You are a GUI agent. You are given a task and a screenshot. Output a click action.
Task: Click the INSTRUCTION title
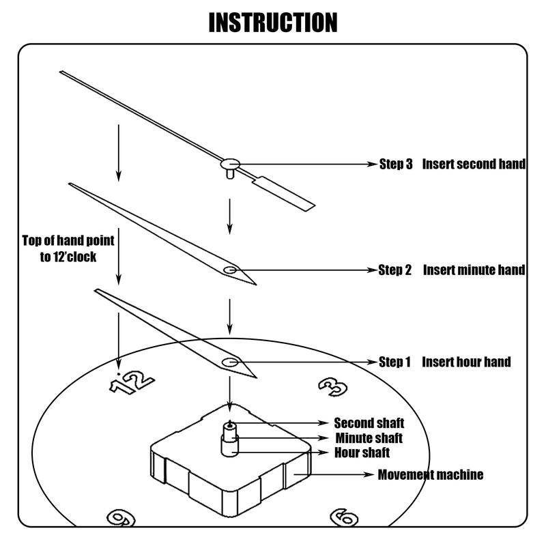tap(273, 22)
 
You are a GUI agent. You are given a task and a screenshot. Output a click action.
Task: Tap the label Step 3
tap(396, 164)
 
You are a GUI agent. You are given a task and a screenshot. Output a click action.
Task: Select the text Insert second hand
tap(474, 164)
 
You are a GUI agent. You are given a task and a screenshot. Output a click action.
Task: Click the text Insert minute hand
tap(474, 270)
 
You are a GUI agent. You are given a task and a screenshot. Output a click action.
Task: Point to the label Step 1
tap(394, 362)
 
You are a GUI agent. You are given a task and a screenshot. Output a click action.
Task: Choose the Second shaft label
tap(369, 423)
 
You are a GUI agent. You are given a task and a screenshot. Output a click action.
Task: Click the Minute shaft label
tap(369, 437)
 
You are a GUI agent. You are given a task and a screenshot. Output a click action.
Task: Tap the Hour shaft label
tap(362, 452)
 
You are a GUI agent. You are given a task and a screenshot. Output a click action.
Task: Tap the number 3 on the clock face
tap(334, 386)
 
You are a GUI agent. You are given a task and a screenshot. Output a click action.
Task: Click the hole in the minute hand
tap(231, 270)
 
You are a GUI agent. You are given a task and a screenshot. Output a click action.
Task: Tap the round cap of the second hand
tap(231, 163)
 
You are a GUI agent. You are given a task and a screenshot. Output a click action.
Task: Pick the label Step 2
tap(395, 270)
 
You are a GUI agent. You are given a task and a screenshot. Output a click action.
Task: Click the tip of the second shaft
tap(231, 424)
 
